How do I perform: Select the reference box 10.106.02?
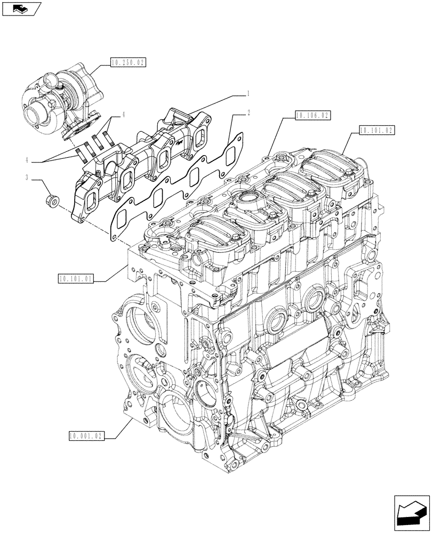point(312,115)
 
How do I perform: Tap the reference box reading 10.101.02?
point(377,130)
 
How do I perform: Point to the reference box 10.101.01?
point(76,278)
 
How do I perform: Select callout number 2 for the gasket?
point(248,113)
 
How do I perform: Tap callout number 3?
point(26,177)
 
